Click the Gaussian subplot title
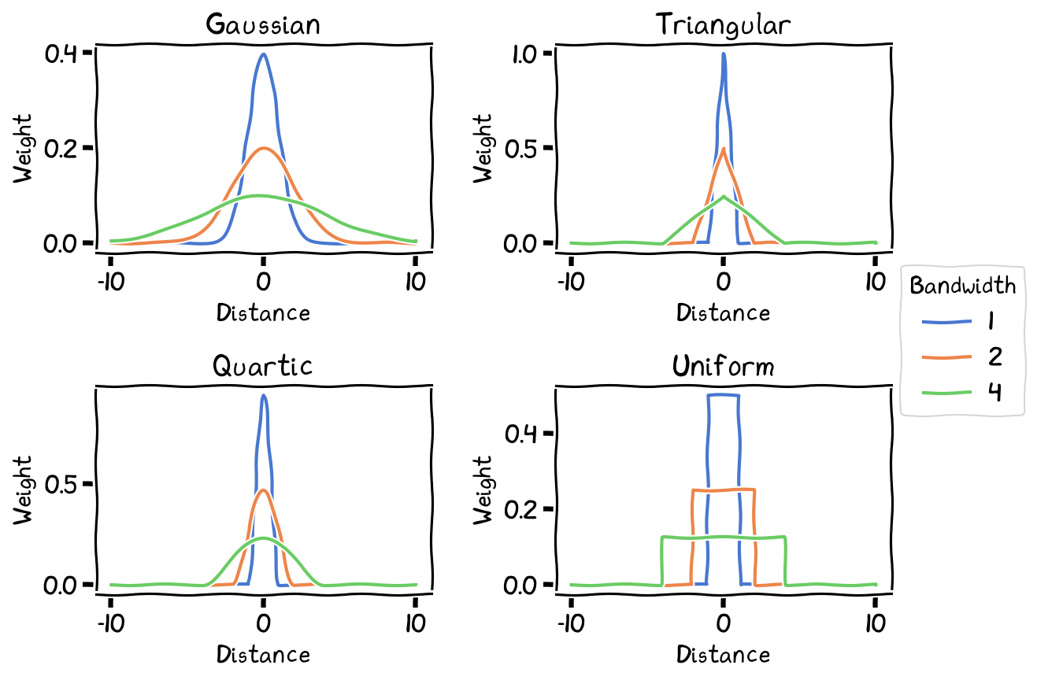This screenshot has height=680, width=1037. [263, 24]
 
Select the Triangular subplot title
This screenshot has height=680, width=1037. [723, 24]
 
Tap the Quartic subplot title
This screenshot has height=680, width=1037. [263, 366]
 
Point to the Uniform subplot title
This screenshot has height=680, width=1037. [723, 366]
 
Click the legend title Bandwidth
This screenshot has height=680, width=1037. [962, 286]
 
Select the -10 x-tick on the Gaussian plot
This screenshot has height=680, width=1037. [110, 281]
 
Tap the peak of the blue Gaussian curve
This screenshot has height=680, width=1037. [263, 54]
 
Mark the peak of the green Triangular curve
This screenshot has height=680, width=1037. [723, 196]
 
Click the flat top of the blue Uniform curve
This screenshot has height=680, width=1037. [723, 395]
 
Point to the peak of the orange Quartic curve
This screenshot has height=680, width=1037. [263, 490]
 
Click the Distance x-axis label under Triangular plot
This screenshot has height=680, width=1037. [723, 313]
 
